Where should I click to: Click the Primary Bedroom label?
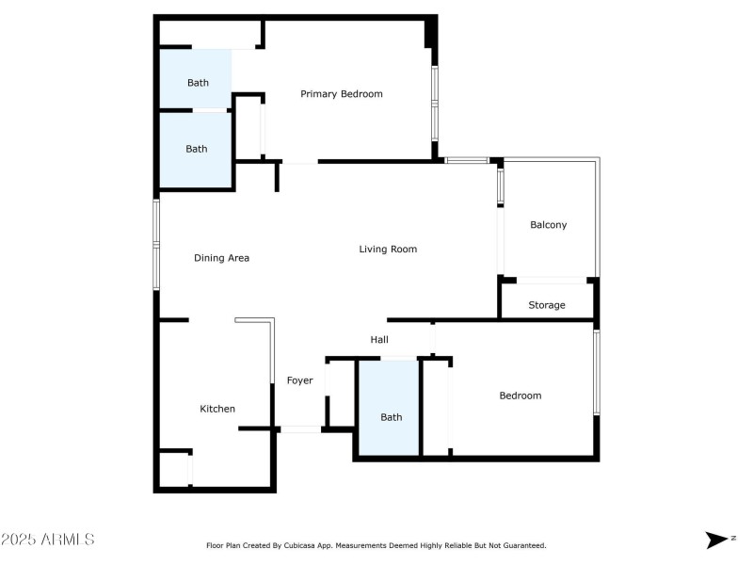point(341,94)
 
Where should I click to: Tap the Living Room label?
point(388,250)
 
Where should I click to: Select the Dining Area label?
point(221,258)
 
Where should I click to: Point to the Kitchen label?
point(217,409)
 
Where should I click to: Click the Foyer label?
point(299,380)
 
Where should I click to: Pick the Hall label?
point(379,340)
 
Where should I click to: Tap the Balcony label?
point(549,225)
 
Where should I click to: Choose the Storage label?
point(547,305)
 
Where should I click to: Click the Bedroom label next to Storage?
point(520,395)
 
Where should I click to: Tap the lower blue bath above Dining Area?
point(196,149)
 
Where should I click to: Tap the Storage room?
point(547,299)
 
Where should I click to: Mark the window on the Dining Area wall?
point(157,245)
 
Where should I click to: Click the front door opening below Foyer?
point(301,429)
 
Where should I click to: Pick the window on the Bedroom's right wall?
point(597,372)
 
